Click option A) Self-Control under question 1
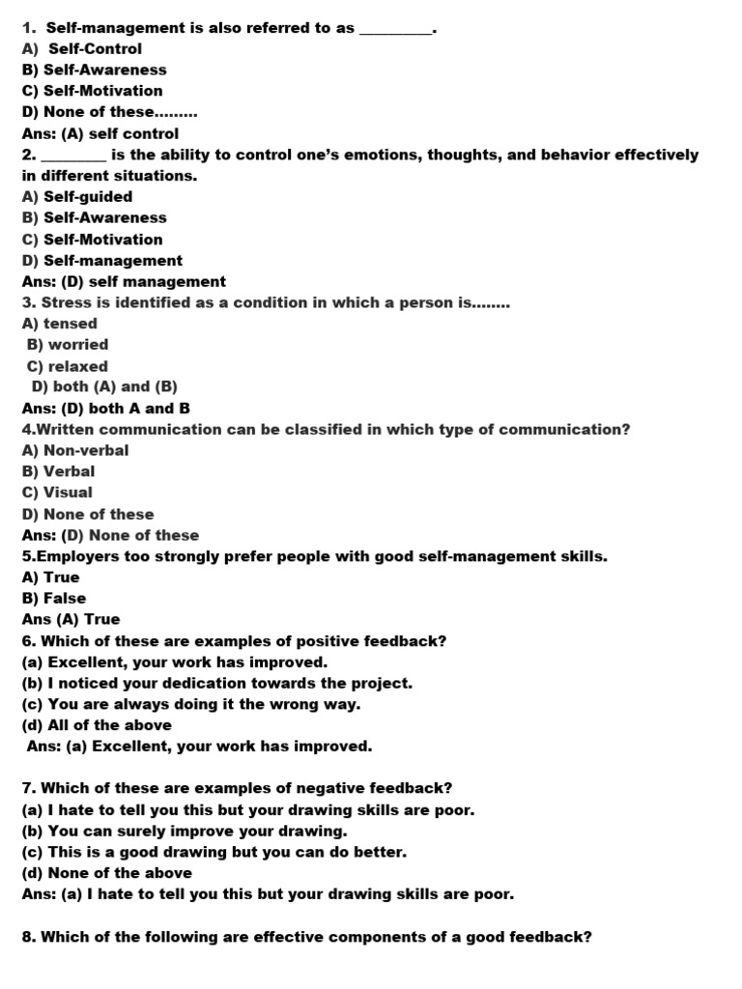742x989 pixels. coord(82,48)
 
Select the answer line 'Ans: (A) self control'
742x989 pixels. coord(100,134)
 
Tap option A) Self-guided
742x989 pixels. coord(77,197)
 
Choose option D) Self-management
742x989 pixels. coord(102,261)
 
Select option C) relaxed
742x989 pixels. coord(68,367)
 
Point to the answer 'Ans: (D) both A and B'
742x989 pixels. coord(106,409)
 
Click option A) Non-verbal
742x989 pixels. coord(75,450)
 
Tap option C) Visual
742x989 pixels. coord(58,493)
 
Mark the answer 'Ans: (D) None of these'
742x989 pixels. coord(111,535)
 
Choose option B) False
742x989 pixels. coord(54,599)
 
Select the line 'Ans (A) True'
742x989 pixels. coord(71,620)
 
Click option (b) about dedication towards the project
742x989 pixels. coord(217,683)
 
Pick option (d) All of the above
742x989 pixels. coord(97,725)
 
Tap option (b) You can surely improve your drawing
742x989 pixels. coord(185,831)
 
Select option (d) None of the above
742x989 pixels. coord(107,873)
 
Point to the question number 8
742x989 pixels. coord(28,936)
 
